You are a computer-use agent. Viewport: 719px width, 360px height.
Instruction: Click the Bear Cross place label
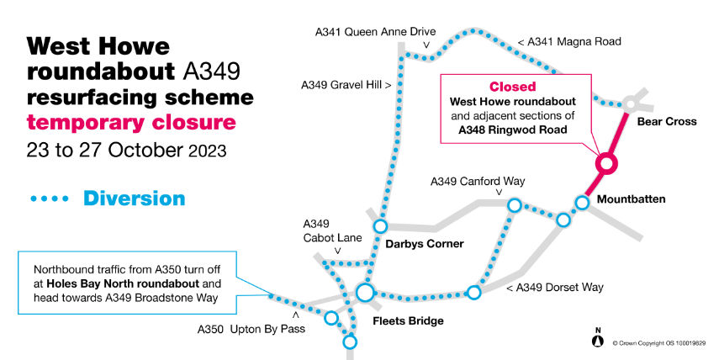point(667,122)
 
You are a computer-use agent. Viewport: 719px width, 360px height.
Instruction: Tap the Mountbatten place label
point(631,199)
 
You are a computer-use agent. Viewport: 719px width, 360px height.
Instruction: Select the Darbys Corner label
point(425,244)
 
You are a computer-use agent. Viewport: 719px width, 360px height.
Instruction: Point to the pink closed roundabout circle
point(606,163)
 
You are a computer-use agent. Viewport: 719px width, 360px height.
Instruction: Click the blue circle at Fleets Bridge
point(365,293)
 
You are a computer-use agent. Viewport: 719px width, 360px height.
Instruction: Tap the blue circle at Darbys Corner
point(380,226)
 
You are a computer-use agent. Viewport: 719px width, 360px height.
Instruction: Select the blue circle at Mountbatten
point(582,202)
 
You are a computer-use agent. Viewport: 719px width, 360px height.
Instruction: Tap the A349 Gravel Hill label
point(346,85)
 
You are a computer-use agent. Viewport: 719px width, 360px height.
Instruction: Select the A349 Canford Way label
point(477,181)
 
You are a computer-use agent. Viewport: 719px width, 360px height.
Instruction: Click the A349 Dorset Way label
point(555,288)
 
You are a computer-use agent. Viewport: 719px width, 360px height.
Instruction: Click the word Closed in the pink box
point(513,87)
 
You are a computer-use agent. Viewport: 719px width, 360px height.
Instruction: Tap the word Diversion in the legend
point(134,199)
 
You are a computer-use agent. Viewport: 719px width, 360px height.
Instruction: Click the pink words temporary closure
point(130,123)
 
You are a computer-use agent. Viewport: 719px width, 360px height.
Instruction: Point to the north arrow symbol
point(598,338)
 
